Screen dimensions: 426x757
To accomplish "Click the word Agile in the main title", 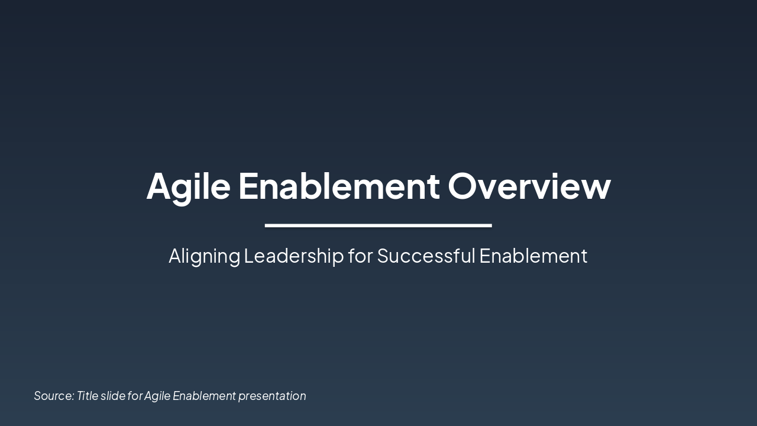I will click(x=188, y=186).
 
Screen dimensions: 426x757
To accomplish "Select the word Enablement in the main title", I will click(x=339, y=186).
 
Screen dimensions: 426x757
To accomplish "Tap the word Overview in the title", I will click(x=529, y=186).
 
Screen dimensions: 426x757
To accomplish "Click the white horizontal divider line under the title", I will click(x=378, y=225).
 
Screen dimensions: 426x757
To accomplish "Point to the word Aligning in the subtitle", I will click(x=204, y=256).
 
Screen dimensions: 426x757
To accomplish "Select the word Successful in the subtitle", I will click(x=426, y=256).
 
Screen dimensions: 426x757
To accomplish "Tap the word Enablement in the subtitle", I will click(x=533, y=256).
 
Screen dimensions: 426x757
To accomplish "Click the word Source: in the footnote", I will click(x=54, y=396).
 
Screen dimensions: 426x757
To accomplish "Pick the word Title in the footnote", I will click(x=87, y=396).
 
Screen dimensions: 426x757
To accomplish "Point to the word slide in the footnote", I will click(x=112, y=396).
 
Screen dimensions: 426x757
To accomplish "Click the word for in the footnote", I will click(x=135, y=396).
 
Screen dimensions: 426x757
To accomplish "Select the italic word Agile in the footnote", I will click(x=157, y=396).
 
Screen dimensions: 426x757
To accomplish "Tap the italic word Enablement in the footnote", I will click(x=204, y=396).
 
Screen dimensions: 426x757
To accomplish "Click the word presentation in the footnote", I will click(x=272, y=396).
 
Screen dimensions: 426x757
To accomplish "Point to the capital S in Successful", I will click(x=384, y=256).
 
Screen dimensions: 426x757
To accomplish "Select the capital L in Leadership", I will click(x=248, y=256).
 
